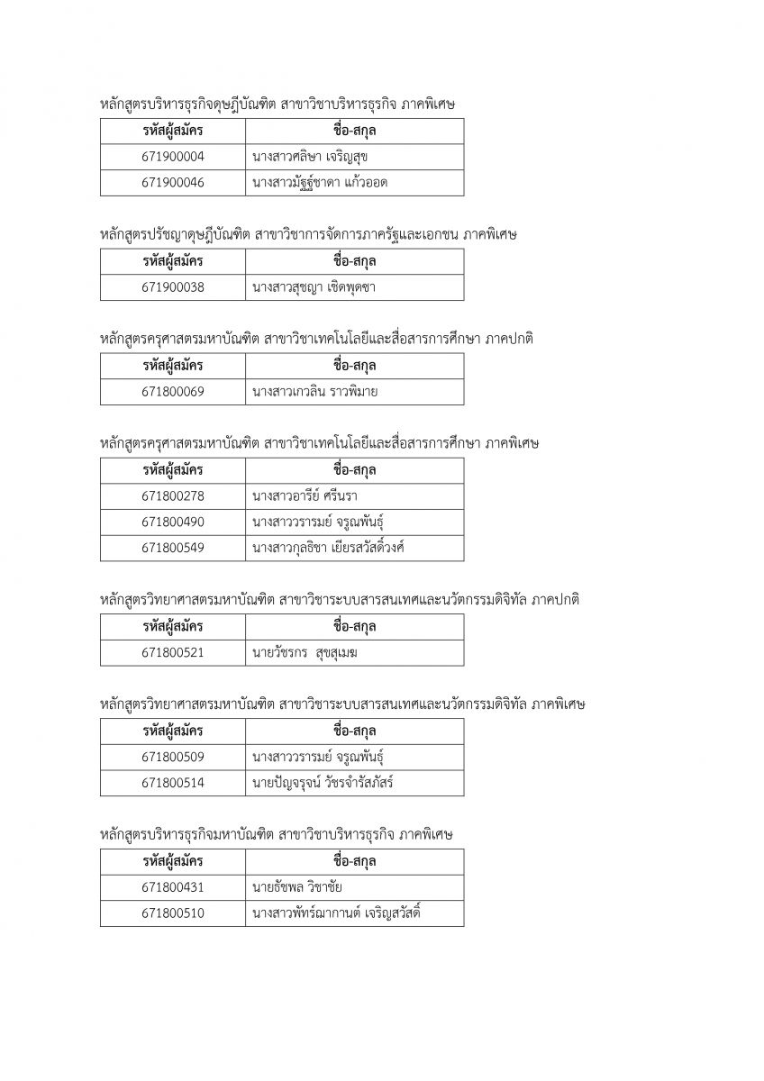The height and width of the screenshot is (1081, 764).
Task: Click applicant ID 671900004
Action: click(173, 157)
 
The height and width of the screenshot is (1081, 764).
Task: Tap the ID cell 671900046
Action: click(173, 183)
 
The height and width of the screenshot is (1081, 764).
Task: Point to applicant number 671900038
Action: click(173, 287)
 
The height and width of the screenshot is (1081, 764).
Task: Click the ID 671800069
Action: click(173, 392)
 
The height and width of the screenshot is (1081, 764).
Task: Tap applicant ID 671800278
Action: click(173, 496)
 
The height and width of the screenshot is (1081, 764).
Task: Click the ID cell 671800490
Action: click(173, 522)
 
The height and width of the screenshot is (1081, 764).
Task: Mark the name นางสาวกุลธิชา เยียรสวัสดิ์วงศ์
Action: click(333, 548)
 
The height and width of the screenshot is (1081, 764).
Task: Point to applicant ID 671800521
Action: click(173, 653)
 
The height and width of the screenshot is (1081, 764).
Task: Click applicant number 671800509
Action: click(173, 757)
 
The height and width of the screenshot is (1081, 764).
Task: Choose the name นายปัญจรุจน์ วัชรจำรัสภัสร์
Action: click(323, 783)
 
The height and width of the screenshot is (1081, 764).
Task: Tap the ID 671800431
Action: click(173, 887)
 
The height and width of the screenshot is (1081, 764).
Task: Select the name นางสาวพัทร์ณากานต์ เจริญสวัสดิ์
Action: click(337, 913)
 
